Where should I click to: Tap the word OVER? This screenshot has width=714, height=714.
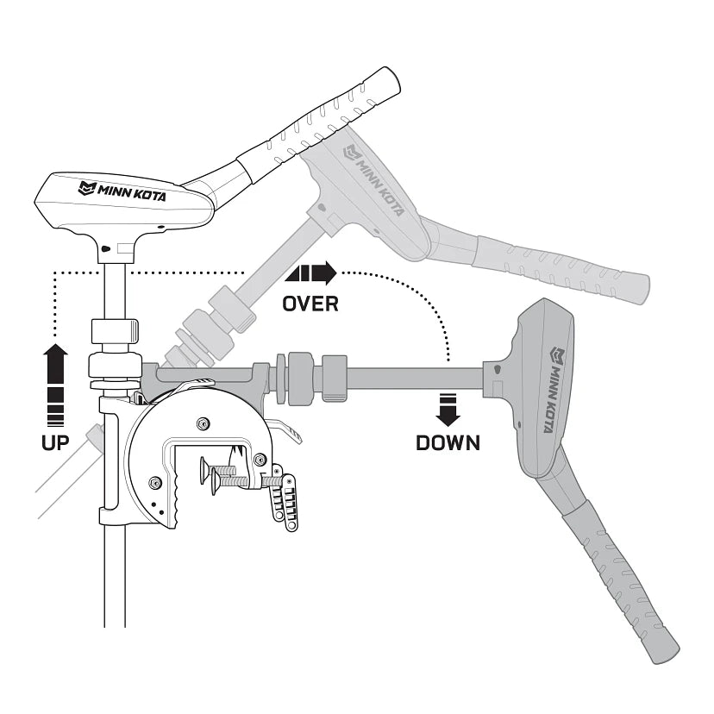click(x=310, y=304)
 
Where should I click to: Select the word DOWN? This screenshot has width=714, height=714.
click(x=448, y=443)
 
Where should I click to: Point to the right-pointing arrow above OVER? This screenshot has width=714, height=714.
click(x=311, y=274)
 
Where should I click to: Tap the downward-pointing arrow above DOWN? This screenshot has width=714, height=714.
click(x=448, y=408)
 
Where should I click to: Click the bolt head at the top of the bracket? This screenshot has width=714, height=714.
click(x=203, y=423)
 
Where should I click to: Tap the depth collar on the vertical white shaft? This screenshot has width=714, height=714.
click(x=115, y=329)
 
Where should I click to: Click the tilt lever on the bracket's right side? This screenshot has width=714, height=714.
click(x=288, y=429)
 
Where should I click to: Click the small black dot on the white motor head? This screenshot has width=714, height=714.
click(x=104, y=249)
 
